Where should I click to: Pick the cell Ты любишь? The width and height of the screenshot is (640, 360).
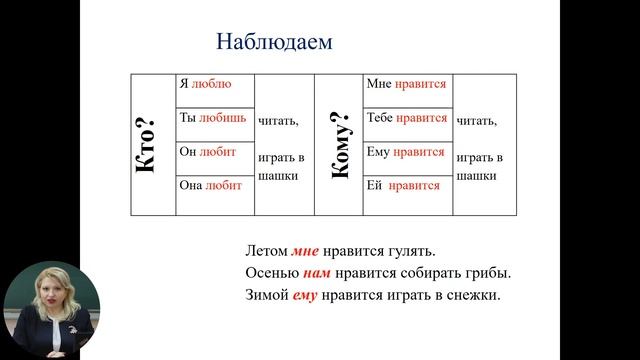(x=212, y=118)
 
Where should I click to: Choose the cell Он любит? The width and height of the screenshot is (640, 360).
(x=207, y=152)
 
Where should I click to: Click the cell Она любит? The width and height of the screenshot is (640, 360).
(x=211, y=186)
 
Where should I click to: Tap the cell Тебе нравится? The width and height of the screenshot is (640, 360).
(x=407, y=118)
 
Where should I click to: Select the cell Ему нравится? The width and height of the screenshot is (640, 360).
(x=405, y=152)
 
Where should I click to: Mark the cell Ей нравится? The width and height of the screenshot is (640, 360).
(x=403, y=186)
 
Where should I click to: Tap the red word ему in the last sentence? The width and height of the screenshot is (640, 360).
(x=304, y=296)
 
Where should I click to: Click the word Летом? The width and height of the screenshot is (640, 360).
(x=266, y=250)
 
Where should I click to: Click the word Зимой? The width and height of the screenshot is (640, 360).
(x=266, y=296)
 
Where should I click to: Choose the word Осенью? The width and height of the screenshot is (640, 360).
(x=270, y=273)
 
